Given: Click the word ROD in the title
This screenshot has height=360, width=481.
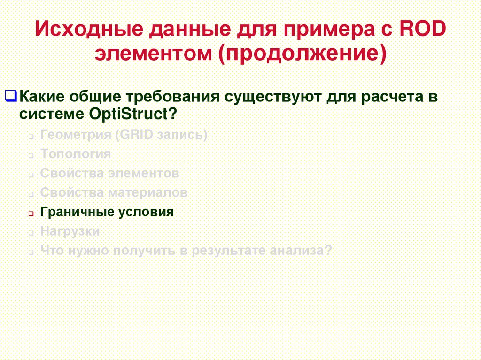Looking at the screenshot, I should pos(423,31).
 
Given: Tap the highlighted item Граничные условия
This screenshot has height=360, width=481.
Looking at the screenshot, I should pos(107,212).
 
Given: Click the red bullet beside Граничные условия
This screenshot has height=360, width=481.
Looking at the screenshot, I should pos(30,213).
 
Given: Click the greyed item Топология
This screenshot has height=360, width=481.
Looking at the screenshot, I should pos(76,154).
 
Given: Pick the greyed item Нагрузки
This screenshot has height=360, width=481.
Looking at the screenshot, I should pos(70,231).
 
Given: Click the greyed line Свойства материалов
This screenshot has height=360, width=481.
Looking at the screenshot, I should pos(114,192).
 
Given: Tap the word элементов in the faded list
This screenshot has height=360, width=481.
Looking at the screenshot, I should pos(144,173).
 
